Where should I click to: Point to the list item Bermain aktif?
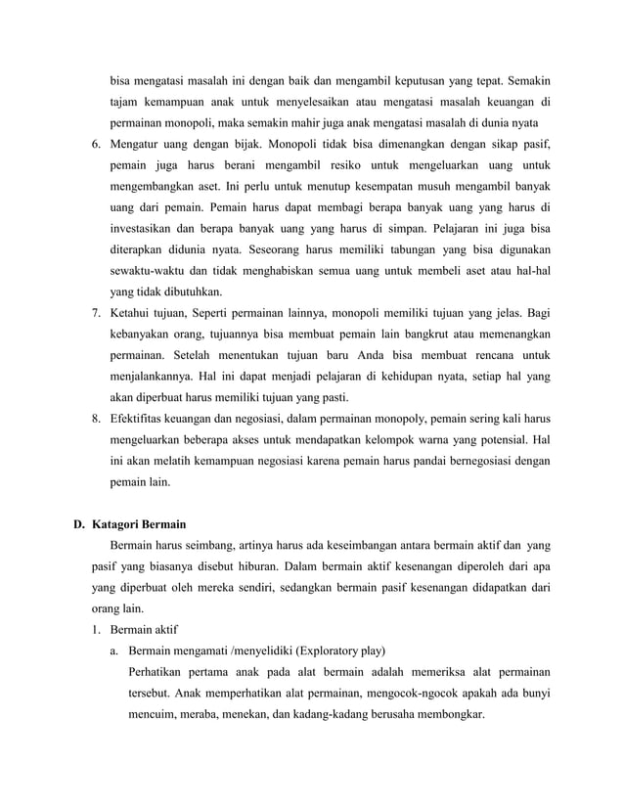click(144, 629)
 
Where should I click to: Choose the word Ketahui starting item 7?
click(134, 313)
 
